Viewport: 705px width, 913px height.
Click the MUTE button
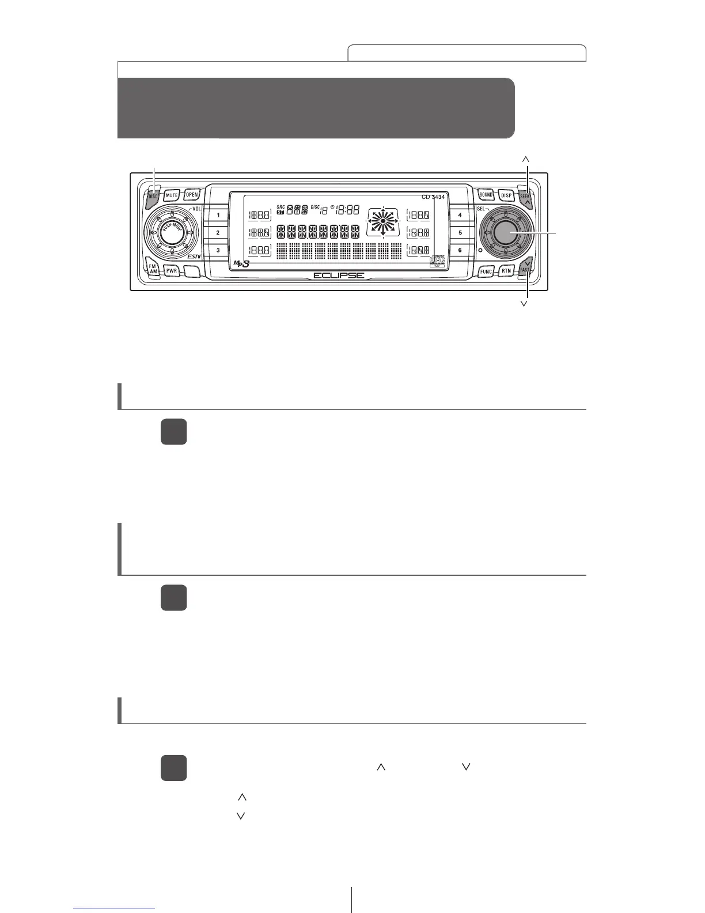pos(172,195)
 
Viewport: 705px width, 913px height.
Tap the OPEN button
pos(192,195)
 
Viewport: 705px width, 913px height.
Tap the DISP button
pos(506,195)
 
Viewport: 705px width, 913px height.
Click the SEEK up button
pos(526,197)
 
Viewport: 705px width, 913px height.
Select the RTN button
pos(506,270)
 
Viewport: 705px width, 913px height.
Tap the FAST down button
pos(525,268)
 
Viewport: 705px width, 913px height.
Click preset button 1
pos(218,215)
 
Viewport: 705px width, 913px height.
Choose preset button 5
pos(460,233)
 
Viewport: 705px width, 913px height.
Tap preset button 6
pos(460,250)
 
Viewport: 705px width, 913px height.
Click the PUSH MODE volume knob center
pos(172,233)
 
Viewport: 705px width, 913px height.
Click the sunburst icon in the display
pos(382,221)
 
